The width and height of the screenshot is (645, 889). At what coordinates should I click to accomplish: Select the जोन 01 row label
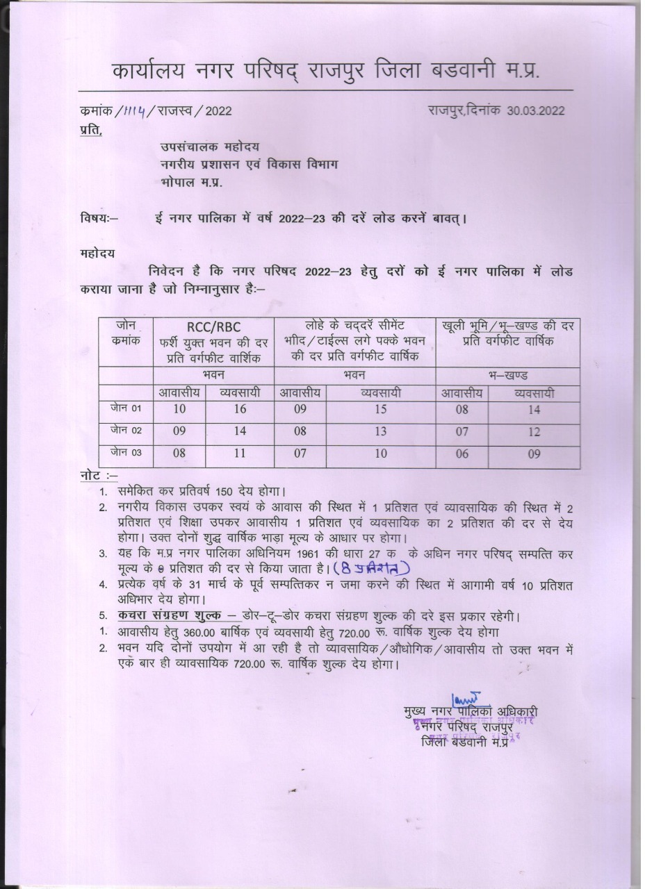[126, 408]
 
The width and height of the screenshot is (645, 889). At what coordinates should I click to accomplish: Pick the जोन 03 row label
[126, 453]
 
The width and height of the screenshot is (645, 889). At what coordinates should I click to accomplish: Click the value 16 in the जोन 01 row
[240, 409]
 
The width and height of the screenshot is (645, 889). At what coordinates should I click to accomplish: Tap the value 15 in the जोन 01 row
[380, 409]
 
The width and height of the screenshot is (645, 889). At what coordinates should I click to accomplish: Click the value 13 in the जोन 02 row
[380, 431]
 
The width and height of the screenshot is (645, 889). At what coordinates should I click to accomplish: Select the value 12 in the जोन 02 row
[534, 432]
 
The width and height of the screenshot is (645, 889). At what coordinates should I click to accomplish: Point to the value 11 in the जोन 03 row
[240, 454]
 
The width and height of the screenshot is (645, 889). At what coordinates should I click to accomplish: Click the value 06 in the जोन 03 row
[462, 454]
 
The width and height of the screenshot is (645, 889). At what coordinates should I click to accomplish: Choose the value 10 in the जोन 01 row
[179, 409]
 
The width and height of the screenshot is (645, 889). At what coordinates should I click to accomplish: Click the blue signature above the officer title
[466, 697]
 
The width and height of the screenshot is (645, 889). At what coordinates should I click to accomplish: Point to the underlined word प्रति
[90, 130]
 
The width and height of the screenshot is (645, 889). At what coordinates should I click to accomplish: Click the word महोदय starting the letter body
[97, 253]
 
